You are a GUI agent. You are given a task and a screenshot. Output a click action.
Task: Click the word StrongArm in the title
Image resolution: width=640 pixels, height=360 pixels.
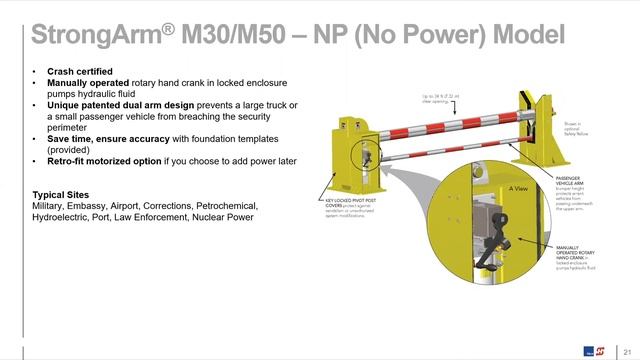coord(95,36)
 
